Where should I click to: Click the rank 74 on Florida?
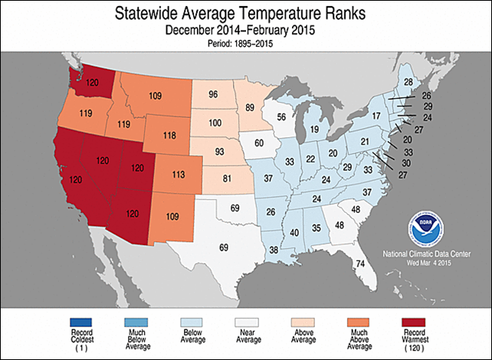(358, 264)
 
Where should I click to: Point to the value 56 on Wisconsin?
(282, 117)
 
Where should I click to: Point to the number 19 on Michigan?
(313, 130)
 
